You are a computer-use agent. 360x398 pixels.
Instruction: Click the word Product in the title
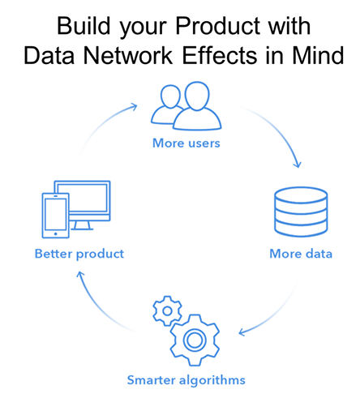pyautogui.click(x=218, y=26)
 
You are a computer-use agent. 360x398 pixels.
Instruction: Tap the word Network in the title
pyautogui.click(x=128, y=55)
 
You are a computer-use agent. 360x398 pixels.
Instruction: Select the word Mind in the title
pyautogui.click(x=318, y=55)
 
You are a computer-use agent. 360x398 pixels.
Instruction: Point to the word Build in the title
pyautogui.click(x=84, y=26)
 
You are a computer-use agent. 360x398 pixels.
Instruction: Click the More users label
pyautogui.click(x=186, y=143)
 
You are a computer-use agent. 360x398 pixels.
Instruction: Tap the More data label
pyautogui.click(x=301, y=254)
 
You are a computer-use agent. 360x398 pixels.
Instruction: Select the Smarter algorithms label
pyautogui.click(x=186, y=380)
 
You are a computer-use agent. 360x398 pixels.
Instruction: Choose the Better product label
pyautogui.click(x=79, y=254)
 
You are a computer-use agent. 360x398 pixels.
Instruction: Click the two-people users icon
pyautogui.click(x=186, y=105)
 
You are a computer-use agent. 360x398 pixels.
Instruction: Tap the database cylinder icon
pyautogui.click(x=301, y=212)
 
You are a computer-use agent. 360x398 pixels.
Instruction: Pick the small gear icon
pyautogui.click(x=167, y=310)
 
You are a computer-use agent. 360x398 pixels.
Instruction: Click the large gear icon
pyautogui.click(x=195, y=340)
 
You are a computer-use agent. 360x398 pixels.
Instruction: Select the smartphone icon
pyautogui.click(x=56, y=216)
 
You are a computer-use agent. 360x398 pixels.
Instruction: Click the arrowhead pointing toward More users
pyautogui.click(x=135, y=106)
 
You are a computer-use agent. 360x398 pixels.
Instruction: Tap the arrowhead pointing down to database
pyautogui.click(x=298, y=165)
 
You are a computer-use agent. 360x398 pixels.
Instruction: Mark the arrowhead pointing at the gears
pyautogui.click(x=242, y=332)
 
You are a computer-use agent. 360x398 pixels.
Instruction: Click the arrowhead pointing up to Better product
pyautogui.click(x=80, y=275)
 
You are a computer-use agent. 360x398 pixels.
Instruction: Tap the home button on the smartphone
pyautogui.click(x=56, y=233)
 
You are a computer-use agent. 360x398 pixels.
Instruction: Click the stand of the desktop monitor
pyautogui.click(x=82, y=225)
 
